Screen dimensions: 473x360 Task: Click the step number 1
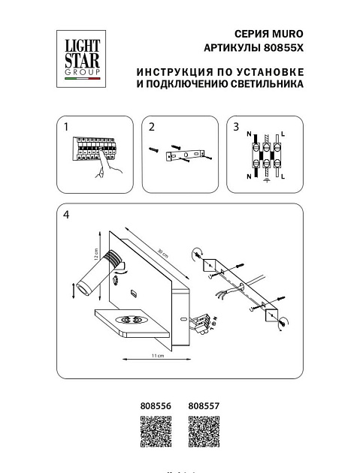[x=66, y=128]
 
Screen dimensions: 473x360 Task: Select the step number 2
[x=151, y=128]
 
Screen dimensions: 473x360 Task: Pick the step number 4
[x=67, y=215]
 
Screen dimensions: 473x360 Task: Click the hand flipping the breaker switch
[x=98, y=172]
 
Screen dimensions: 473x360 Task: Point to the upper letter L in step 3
[x=283, y=132]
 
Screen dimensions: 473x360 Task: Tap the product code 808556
[x=156, y=405]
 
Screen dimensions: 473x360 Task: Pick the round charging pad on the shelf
[x=135, y=321]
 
